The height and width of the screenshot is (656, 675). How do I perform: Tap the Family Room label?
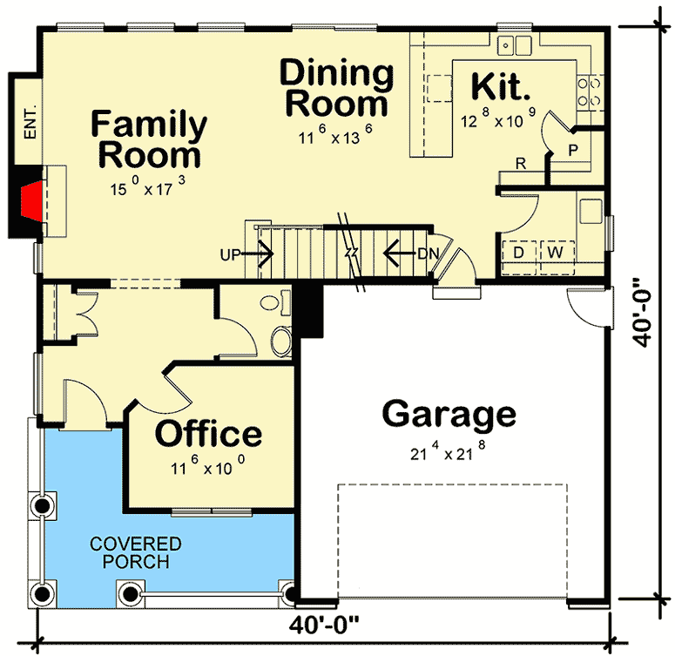click(149, 139)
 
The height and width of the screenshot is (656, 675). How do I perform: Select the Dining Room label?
click(336, 88)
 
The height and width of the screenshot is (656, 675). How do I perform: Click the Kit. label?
click(501, 87)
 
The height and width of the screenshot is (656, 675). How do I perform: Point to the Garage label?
click(449, 414)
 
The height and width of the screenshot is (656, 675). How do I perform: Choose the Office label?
click(208, 433)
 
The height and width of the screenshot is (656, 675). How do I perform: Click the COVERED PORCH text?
click(136, 552)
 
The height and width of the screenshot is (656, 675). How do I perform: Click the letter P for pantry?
click(572, 150)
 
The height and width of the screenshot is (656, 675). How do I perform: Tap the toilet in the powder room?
click(281, 341)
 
